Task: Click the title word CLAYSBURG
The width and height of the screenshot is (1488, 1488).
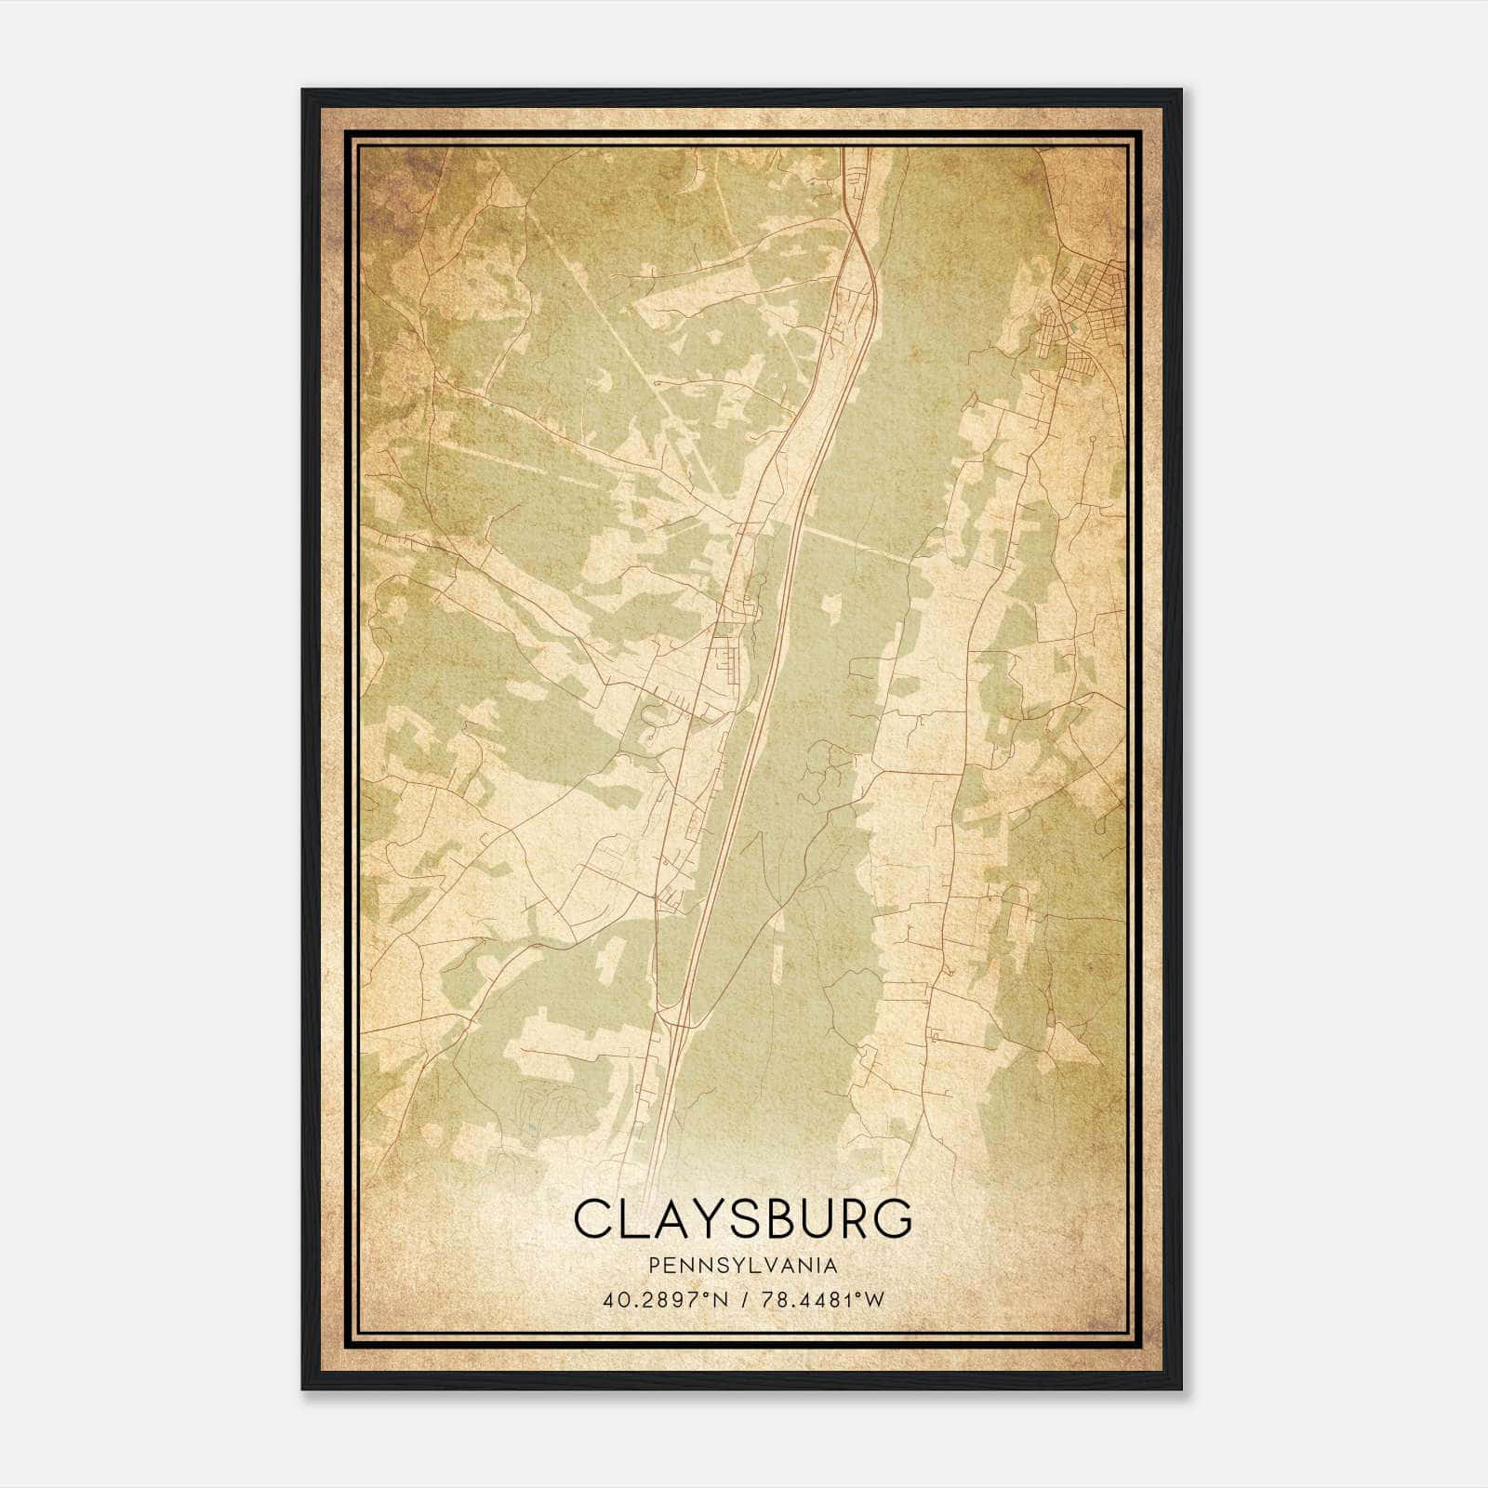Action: [x=743, y=1219]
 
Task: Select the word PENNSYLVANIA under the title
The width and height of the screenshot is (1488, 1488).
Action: [x=743, y=1266]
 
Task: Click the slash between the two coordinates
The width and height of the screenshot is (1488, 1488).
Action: [x=743, y=1299]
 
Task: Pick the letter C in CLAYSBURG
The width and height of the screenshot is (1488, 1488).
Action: [x=592, y=1219]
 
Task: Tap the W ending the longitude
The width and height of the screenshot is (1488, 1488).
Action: [x=874, y=1299]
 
